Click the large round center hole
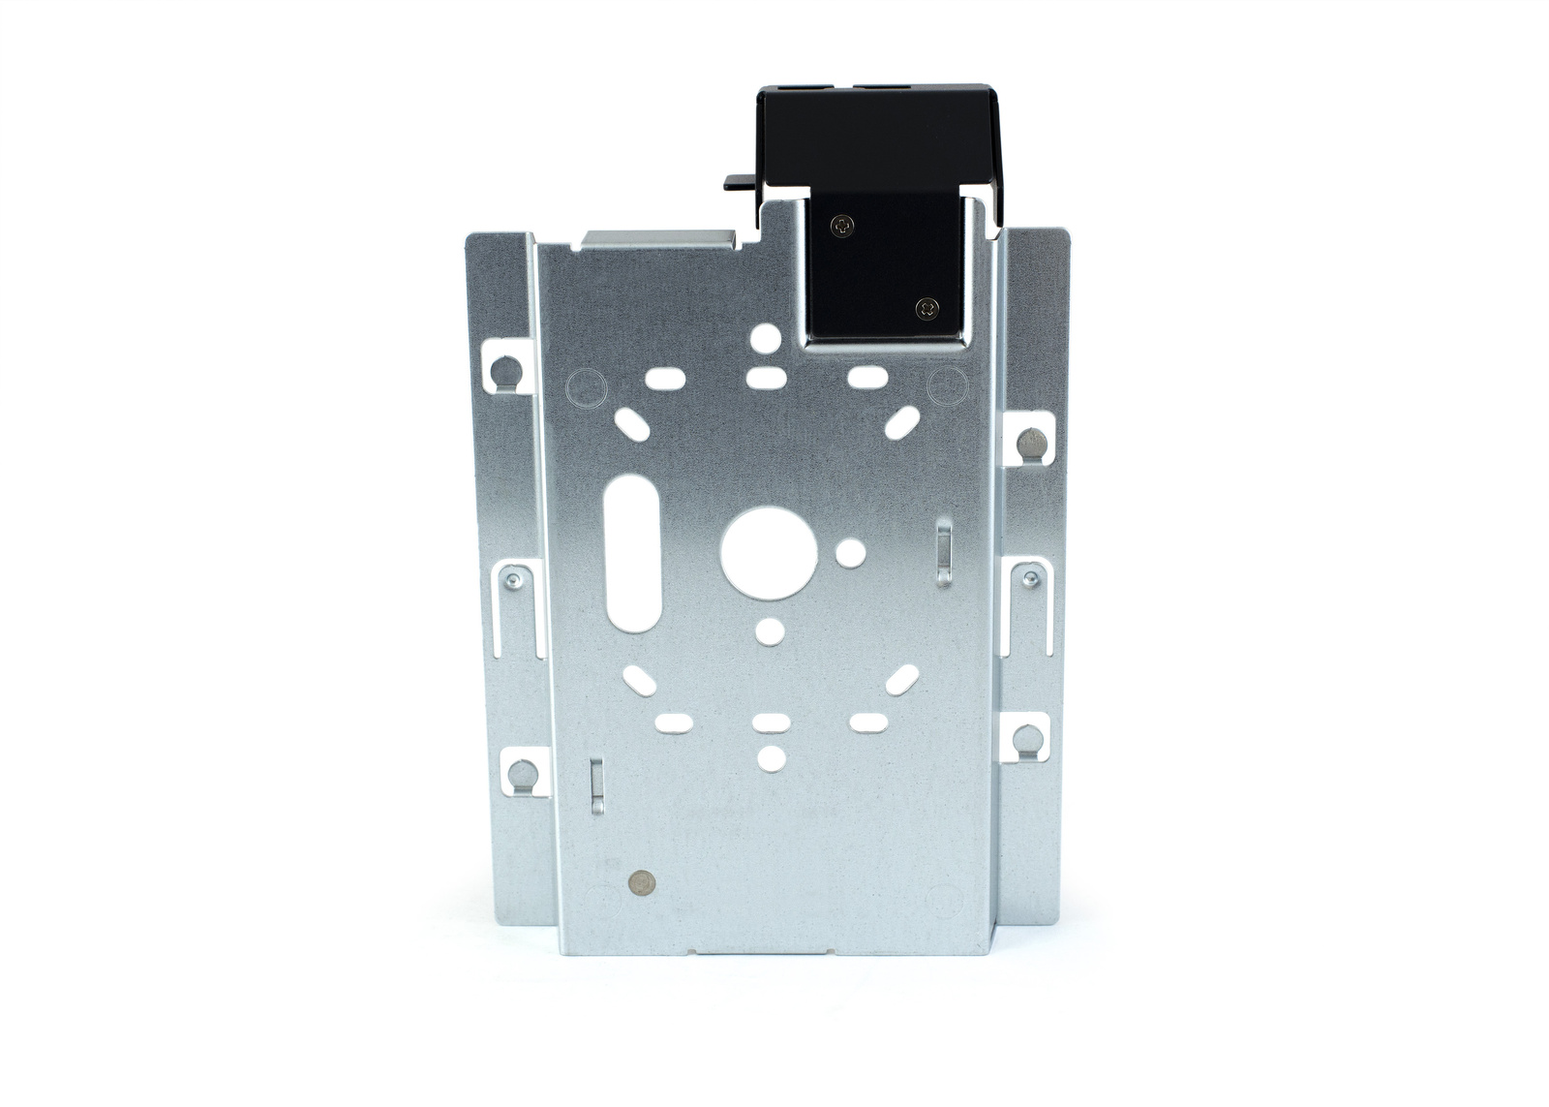770,551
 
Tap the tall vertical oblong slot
632,553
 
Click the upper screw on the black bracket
843,227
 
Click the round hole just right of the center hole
850,553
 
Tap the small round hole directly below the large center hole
770,631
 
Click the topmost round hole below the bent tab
766,337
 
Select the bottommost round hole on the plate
771,758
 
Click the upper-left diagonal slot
632,423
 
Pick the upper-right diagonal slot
902,421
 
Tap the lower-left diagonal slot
640,680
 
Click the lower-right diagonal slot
902,680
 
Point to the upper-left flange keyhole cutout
506,369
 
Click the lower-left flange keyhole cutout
524,773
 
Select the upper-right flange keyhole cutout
1030,442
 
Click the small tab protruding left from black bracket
739,182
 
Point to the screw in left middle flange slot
513,581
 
